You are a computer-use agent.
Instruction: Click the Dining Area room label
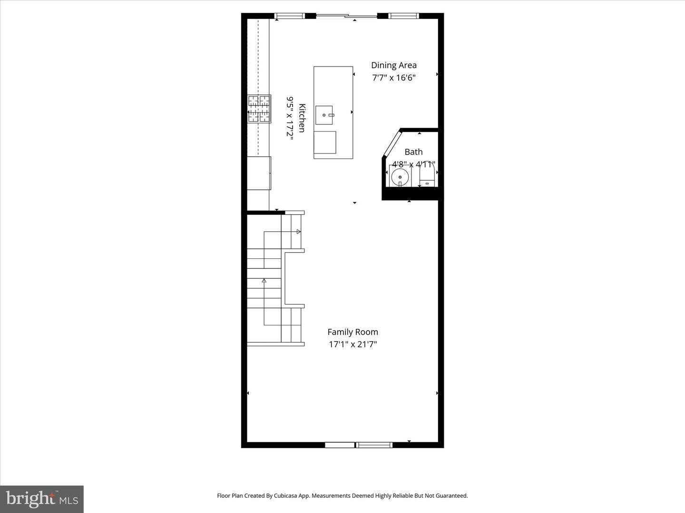(x=393, y=66)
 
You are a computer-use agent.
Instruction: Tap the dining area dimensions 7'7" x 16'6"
(x=393, y=78)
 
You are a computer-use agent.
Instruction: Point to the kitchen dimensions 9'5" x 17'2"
(x=290, y=117)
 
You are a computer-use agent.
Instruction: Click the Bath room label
(x=413, y=152)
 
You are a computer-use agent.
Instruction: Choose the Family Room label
(x=352, y=332)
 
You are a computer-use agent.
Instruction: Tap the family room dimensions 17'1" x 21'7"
(x=352, y=344)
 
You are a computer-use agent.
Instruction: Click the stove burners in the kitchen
(x=259, y=109)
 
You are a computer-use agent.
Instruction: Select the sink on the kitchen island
(x=324, y=115)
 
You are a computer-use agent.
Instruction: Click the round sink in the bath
(x=400, y=178)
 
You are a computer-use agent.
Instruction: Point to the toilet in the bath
(x=427, y=175)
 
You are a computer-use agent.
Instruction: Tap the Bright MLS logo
(x=42, y=499)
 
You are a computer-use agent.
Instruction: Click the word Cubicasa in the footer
(x=295, y=496)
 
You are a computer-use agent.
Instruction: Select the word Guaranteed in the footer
(x=450, y=496)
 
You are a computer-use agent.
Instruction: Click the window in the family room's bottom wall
(x=374, y=445)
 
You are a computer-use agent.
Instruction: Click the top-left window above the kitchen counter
(x=290, y=16)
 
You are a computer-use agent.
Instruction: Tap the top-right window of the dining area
(x=403, y=16)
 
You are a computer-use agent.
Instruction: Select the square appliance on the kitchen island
(x=325, y=142)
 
